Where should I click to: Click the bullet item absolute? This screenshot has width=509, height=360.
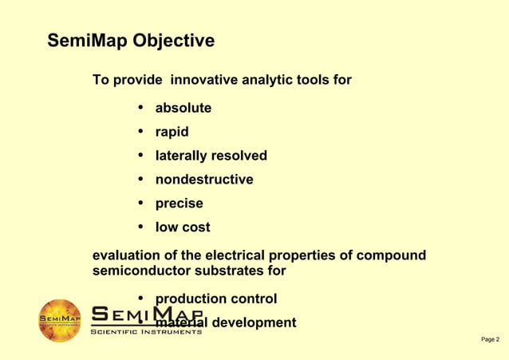tap(183, 108)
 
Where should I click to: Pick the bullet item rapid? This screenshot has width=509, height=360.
tap(172, 132)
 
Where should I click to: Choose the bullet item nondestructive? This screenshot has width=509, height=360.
tap(203, 180)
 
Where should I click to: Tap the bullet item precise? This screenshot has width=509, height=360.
tap(179, 204)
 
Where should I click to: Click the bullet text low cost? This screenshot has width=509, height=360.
tap(183, 227)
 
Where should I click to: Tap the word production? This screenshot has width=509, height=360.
tap(190, 299)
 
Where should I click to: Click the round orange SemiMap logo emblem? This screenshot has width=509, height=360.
tap(60, 321)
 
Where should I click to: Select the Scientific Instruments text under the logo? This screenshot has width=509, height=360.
tap(145, 331)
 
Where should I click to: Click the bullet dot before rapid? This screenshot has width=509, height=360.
tap(140, 131)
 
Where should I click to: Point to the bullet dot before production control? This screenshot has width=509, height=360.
tap(140, 299)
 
